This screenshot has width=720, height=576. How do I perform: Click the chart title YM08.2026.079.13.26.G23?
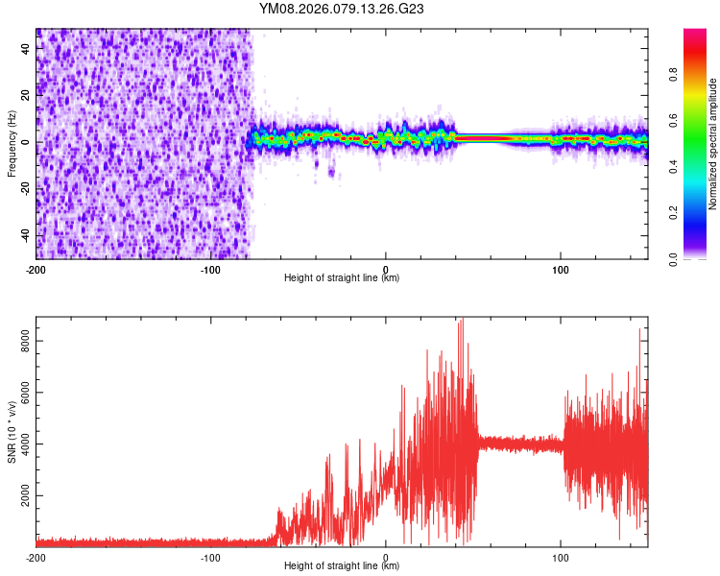(x=342, y=10)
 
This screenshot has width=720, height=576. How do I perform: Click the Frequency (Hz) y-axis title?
(x=12, y=144)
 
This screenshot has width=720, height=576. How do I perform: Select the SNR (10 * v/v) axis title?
(x=12, y=431)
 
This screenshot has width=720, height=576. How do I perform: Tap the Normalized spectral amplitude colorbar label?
(x=713, y=144)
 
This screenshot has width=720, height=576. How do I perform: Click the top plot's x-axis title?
(x=342, y=277)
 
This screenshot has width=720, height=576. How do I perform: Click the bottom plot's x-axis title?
(x=342, y=565)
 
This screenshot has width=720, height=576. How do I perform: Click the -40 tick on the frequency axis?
(x=21, y=236)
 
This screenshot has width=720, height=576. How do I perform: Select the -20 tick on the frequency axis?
(x=21, y=189)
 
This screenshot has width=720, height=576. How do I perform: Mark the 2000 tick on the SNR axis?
(x=19, y=495)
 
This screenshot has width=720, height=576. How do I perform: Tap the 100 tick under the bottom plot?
(x=561, y=557)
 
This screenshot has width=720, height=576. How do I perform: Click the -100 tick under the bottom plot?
(x=211, y=557)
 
